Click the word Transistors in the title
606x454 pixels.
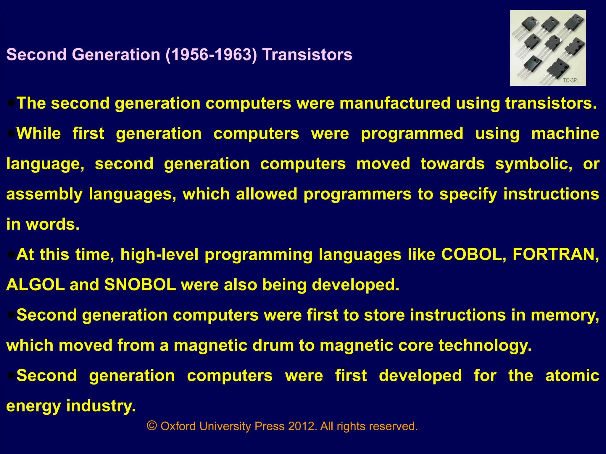pos(307,55)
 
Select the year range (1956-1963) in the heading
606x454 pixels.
pos(211,55)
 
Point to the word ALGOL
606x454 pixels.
pos(36,285)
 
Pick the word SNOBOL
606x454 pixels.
pos(140,285)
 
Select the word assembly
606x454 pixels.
pos(44,194)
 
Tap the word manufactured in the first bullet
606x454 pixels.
pos(395,103)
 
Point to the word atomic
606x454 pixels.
pos(572,376)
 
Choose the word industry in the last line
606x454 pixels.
pos(101,406)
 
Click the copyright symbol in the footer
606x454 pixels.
pos(152,426)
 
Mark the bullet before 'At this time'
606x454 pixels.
pos(11,254)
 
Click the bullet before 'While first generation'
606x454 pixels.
pos(11,134)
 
